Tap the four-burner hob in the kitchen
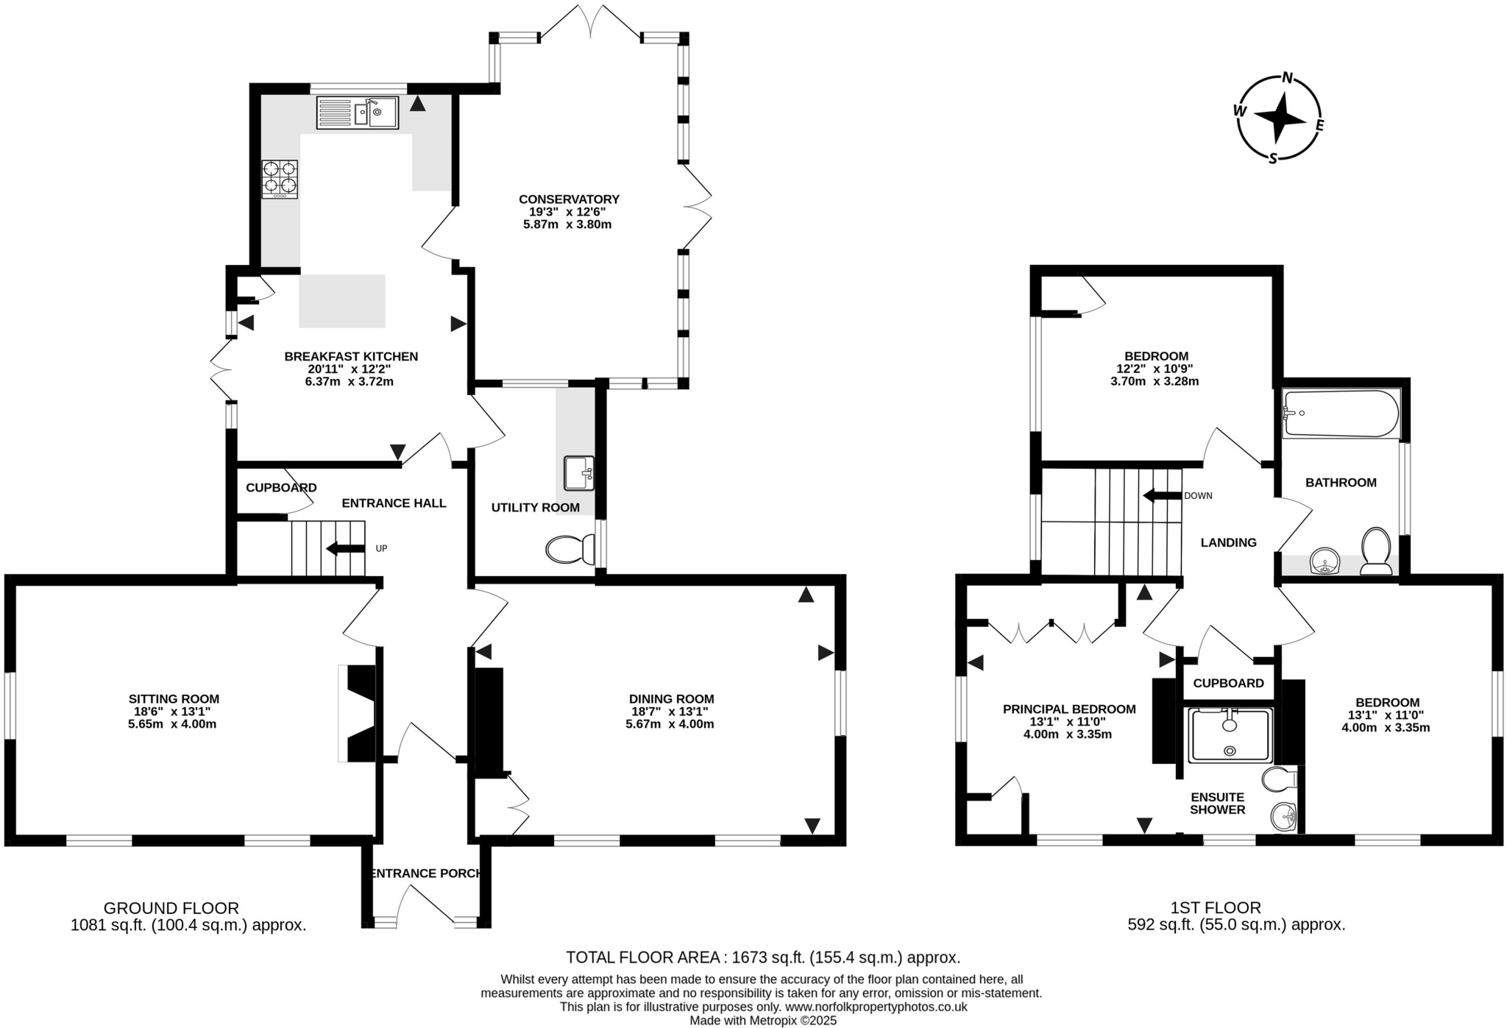(280, 179)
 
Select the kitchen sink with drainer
(357, 113)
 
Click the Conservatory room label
(569, 199)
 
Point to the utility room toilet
(571, 549)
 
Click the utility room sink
(579, 473)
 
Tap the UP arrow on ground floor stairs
(345, 548)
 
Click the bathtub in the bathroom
(1340, 414)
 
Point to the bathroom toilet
(1375, 550)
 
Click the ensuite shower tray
(1230, 734)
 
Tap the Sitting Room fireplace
(359, 714)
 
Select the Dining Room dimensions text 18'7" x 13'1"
(670, 712)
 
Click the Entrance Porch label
(425, 873)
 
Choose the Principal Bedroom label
(1068, 709)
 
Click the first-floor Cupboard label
(1228, 683)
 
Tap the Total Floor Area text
(762, 957)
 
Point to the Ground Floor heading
(171, 908)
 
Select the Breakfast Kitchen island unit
(341, 301)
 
